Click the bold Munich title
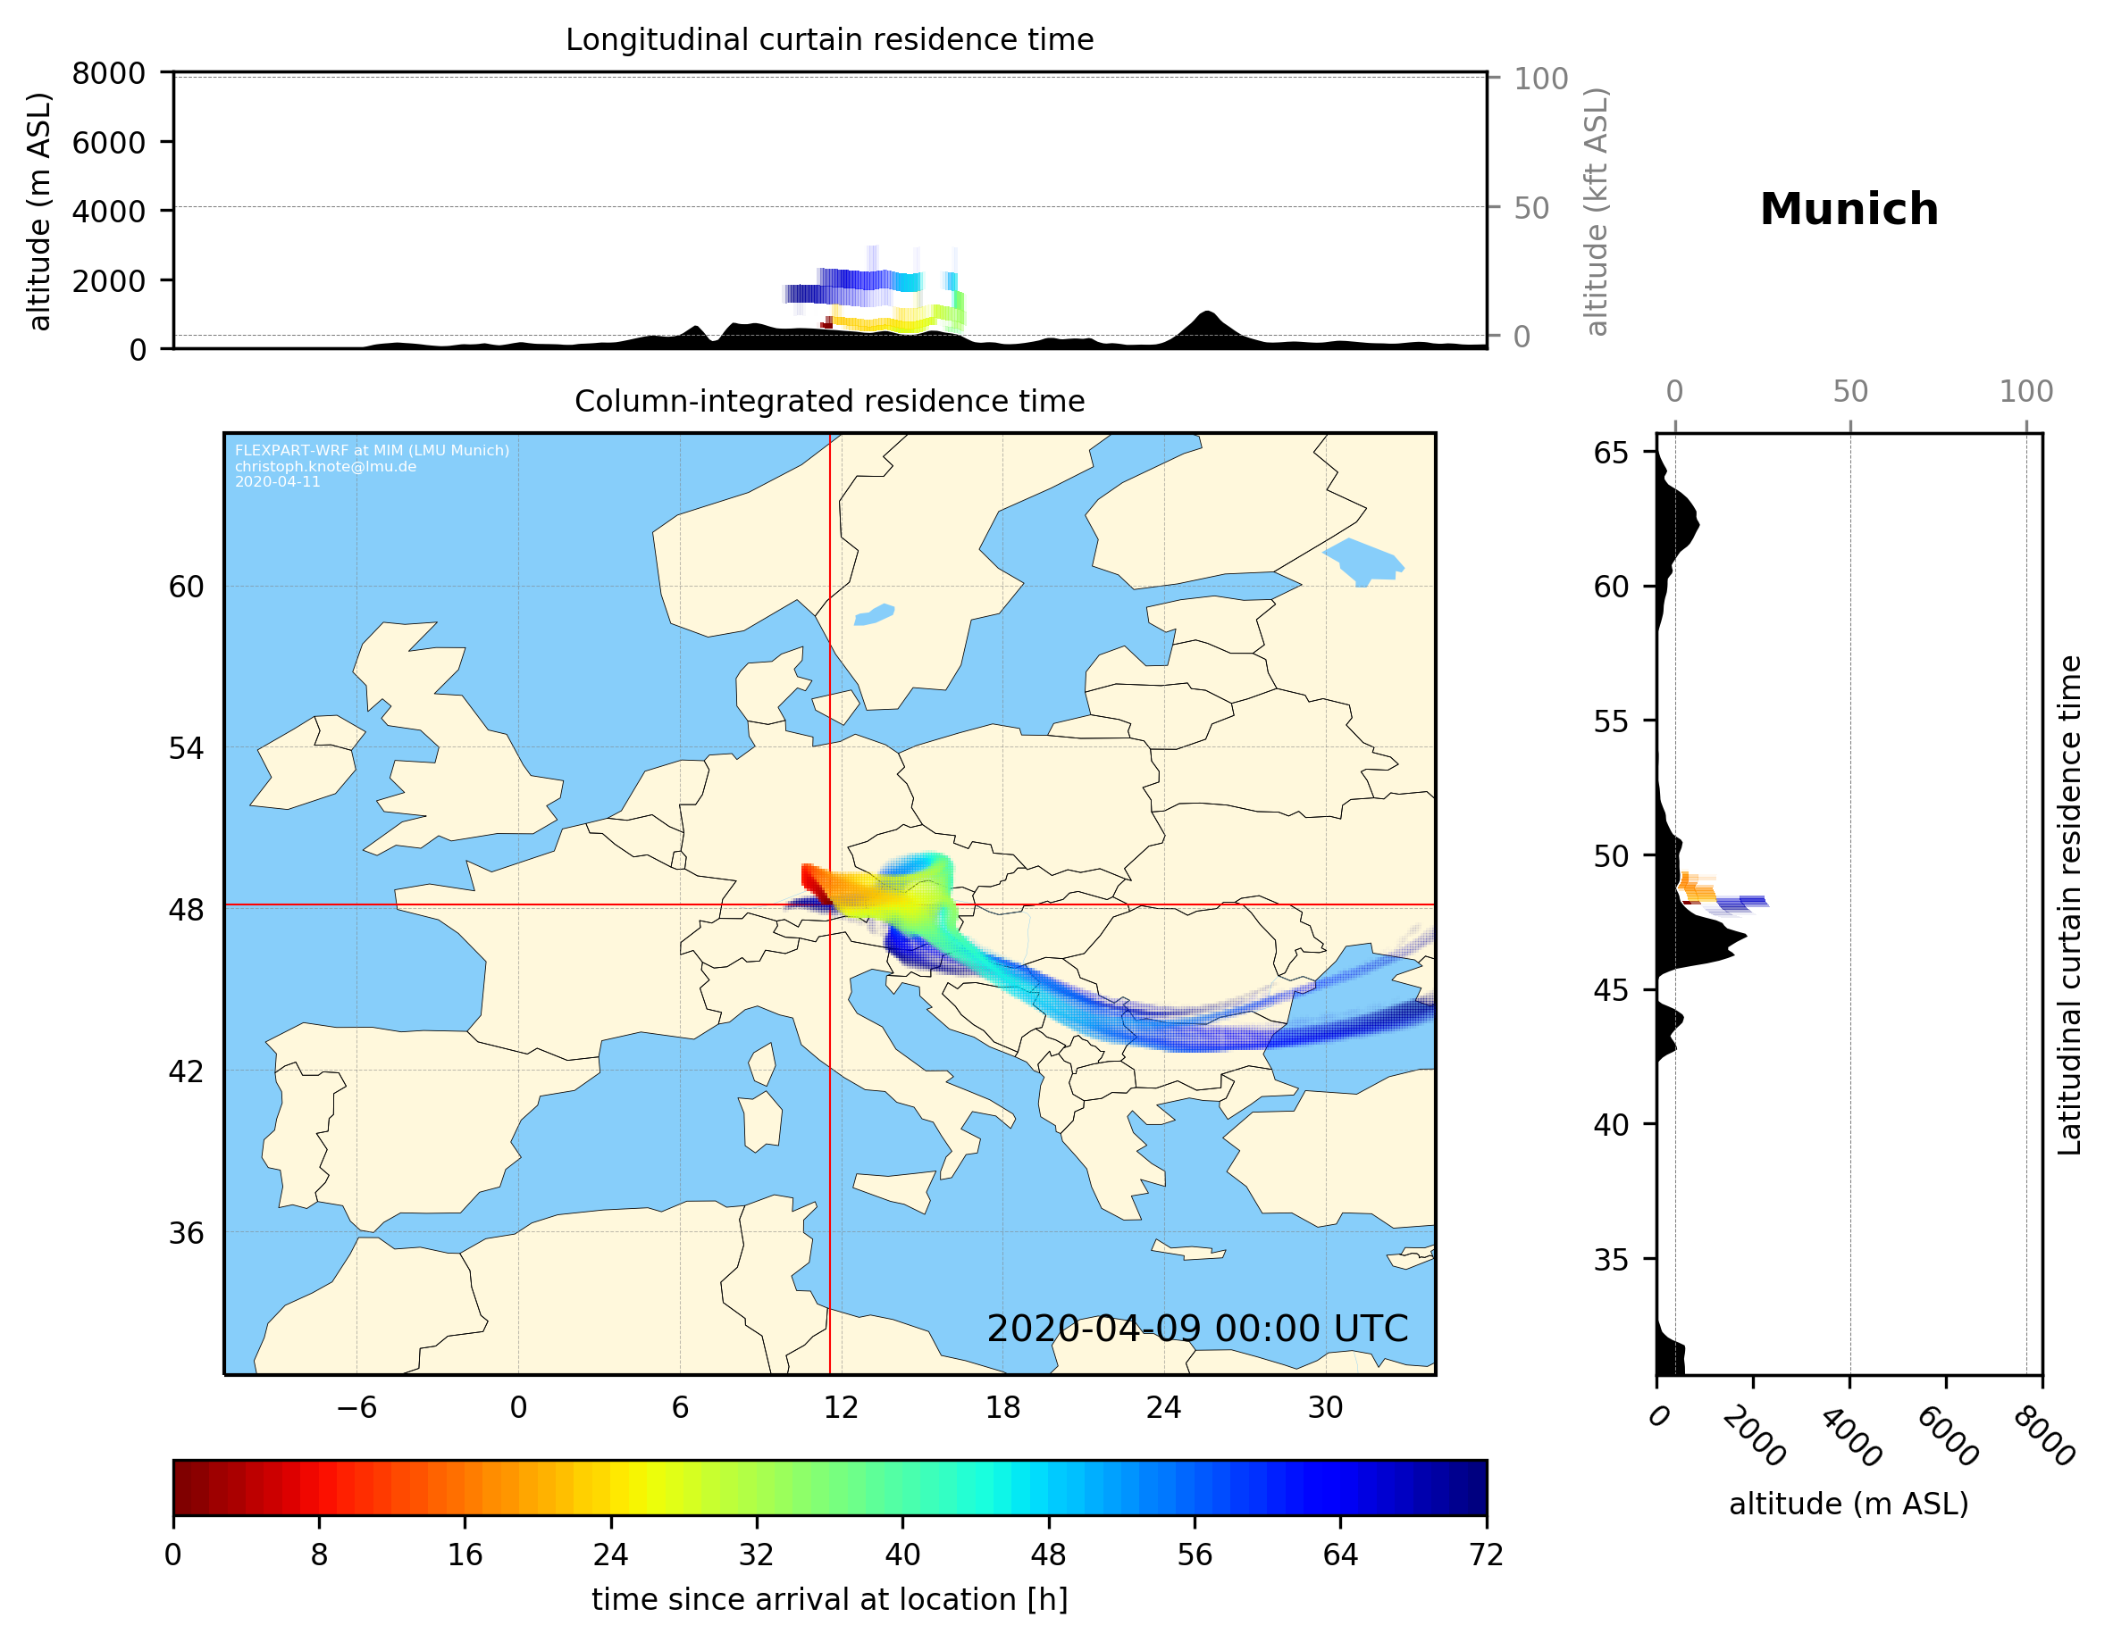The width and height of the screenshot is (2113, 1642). click(x=1848, y=210)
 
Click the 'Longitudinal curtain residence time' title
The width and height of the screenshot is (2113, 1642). click(x=829, y=39)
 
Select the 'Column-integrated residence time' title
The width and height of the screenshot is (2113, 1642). click(x=829, y=401)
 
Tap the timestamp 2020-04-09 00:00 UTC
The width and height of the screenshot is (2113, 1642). click(x=1197, y=1329)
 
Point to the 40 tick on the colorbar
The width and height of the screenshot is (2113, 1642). click(x=902, y=1555)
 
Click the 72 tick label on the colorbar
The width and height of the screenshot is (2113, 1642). click(x=1486, y=1555)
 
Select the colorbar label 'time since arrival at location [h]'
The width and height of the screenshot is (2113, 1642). click(x=829, y=1599)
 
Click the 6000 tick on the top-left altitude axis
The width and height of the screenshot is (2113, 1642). click(x=108, y=142)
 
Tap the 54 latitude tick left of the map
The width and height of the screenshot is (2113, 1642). click(x=186, y=748)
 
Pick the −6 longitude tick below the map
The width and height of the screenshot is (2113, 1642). click(x=356, y=1408)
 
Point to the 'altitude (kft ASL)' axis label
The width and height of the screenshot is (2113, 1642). click(x=1597, y=212)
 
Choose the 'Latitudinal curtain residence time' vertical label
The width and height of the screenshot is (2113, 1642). click(x=2069, y=904)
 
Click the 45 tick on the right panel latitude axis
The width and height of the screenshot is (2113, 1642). click(x=1611, y=991)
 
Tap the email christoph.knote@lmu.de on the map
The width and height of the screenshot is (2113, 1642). click(x=325, y=467)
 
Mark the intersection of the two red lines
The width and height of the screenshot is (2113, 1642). click(x=830, y=905)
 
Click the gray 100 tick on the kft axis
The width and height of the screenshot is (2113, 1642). click(x=1540, y=79)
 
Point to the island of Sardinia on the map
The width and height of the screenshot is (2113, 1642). click(x=760, y=1121)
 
